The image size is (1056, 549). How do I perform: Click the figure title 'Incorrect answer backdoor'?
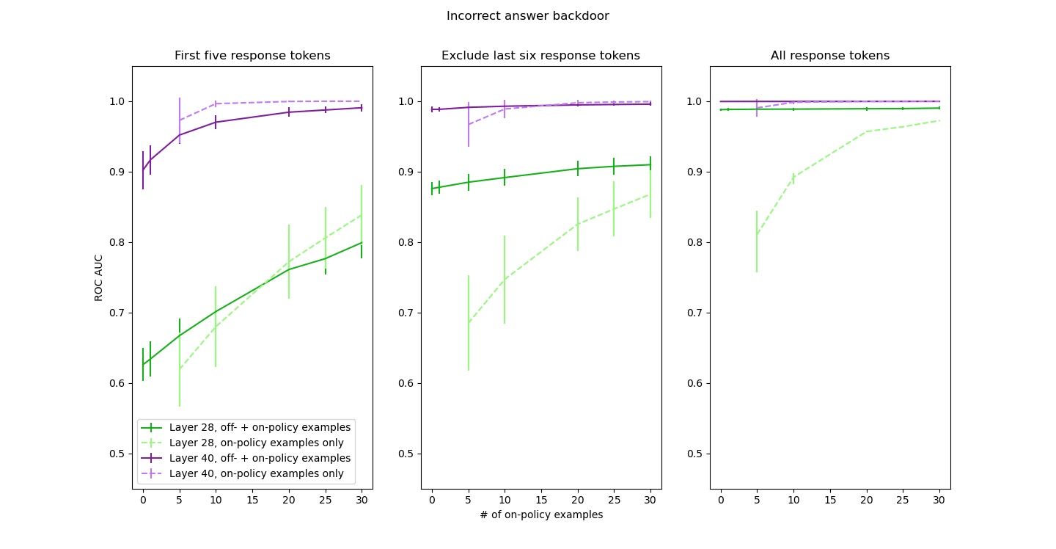(527, 16)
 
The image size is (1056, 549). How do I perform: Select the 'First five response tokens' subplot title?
(252, 56)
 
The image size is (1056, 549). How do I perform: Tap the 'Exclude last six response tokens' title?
(540, 56)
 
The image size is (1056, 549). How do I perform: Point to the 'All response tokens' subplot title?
(829, 56)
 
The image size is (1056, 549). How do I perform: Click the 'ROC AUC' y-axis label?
(99, 277)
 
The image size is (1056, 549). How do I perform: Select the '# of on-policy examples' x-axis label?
(541, 515)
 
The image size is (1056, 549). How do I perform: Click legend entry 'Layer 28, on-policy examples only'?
(256, 443)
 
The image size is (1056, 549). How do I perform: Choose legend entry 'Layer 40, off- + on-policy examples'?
(260, 458)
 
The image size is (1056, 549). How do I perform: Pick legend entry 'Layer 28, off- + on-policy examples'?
(260, 427)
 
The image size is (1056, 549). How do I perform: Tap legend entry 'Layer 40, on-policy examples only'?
(256, 473)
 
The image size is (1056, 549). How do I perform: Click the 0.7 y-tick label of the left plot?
(117, 313)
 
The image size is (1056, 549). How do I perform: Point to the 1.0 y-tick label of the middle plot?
(406, 101)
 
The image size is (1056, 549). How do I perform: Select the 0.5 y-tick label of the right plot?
(695, 454)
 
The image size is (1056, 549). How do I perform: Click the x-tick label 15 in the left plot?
(252, 500)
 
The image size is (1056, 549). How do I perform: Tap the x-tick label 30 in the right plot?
(939, 500)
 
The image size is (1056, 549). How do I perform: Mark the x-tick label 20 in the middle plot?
(578, 500)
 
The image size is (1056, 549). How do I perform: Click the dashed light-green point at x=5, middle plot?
(469, 323)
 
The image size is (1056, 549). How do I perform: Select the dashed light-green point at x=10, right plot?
(793, 177)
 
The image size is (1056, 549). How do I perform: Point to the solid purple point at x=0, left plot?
(143, 170)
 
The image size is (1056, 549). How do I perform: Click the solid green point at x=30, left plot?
(362, 242)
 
